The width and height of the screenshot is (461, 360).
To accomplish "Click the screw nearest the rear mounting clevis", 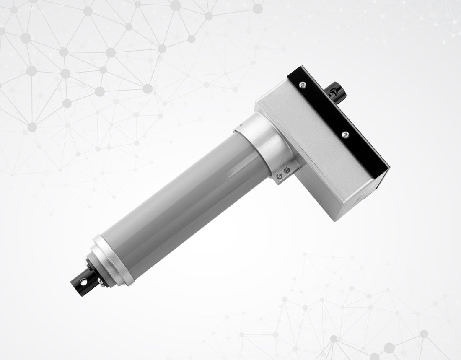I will [x=303, y=85].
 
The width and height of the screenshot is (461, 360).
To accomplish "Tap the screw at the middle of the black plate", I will [x=345, y=135].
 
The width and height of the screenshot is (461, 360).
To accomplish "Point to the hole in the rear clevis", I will [x=334, y=90].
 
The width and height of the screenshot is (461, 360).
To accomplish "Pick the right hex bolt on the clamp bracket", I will [x=287, y=171].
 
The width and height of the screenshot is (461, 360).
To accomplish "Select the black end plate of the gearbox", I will [x=339, y=122].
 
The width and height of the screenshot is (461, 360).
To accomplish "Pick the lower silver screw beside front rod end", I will [x=100, y=281].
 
